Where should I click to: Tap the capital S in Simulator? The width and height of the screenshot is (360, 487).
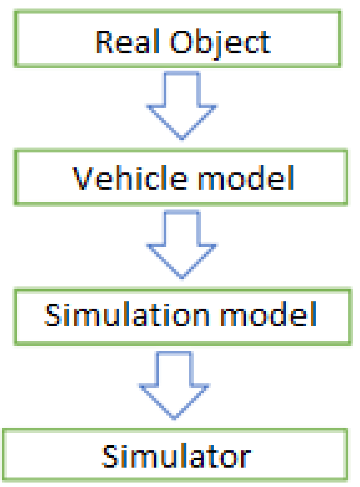[110, 455]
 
